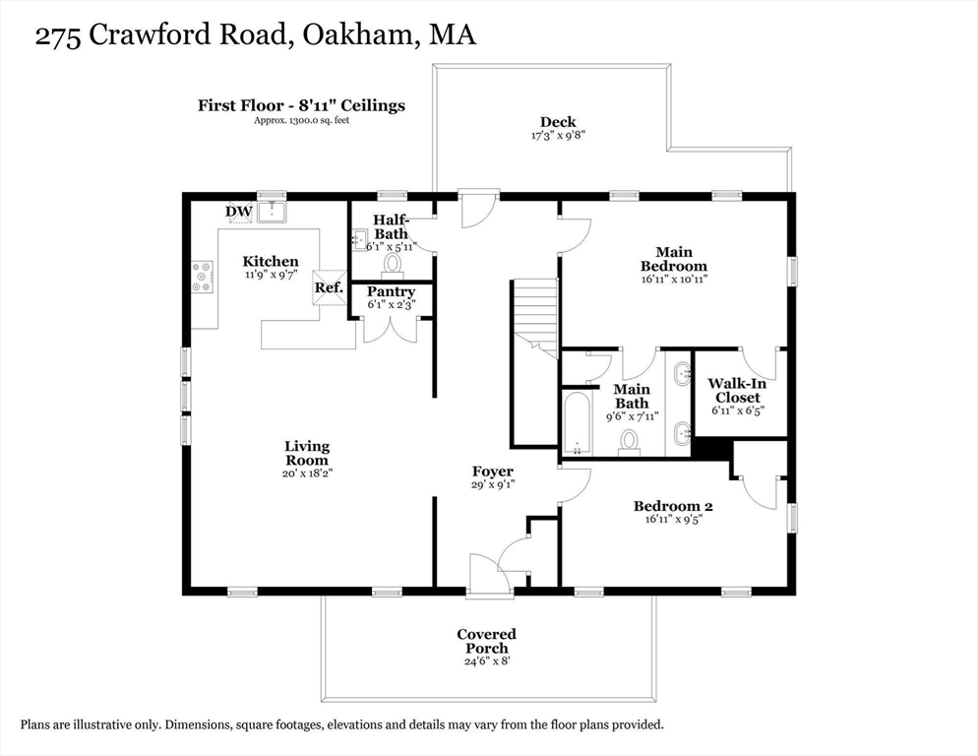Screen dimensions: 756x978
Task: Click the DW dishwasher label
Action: pyautogui.click(x=238, y=211)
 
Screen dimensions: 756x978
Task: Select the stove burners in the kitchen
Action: pyautogui.click(x=203, y=277)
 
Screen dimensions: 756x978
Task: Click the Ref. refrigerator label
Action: pyautogui.click(x=329, y=287)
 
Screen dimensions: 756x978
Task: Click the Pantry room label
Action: pyautogui.click(x=391, y=292)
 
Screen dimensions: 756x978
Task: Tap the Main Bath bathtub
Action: pyautogui.click(x=576, y=423)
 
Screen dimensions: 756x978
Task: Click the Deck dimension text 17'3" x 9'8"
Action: pyautogui.click(x=558, y=136)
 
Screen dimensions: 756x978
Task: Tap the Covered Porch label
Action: pyautogui.click(x=486, y=641)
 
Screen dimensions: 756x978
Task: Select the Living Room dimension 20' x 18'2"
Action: pyautogui.click(x=308, y=473)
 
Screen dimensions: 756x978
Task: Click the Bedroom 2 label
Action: pyautogui.click(x=672, y=506)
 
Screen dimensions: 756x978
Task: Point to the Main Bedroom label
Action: pyautogui.click(x=673, y=259)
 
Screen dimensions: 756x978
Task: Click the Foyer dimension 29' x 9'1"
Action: pyautogui.click(x=491, y=485)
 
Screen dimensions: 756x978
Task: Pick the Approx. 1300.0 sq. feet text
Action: pyautogui.click(x=301, y=120)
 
